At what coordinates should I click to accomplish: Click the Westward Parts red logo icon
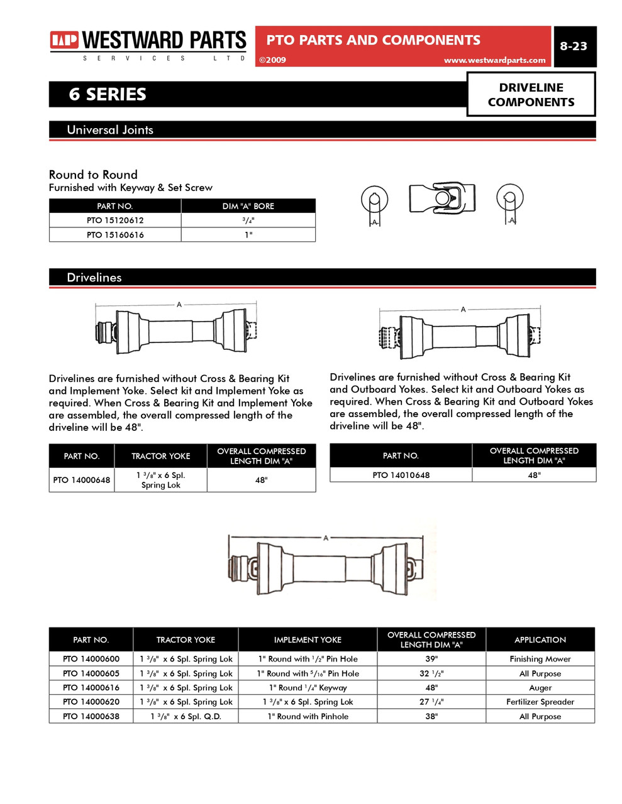64,41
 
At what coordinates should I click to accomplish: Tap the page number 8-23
573,46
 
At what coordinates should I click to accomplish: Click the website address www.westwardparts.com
494,60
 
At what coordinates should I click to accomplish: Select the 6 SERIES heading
108,94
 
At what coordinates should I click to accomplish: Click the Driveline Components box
531,95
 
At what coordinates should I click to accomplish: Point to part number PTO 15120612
115,220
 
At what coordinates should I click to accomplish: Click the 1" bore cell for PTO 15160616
248,235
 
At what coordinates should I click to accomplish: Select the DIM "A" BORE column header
248,206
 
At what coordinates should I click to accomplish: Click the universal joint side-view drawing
442,198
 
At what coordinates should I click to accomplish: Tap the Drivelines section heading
94,278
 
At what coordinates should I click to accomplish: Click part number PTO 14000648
82,480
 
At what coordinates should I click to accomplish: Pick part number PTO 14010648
401,475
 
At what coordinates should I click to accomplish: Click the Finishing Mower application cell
540,659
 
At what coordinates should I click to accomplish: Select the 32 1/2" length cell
431,673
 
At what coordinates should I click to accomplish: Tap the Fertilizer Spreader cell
540,702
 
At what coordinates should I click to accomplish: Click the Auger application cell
540,688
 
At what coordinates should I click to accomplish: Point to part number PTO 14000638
91,716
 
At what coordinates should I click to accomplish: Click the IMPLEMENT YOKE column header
308,639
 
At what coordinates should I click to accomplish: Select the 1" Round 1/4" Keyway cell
308,688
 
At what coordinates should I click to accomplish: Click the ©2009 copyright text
272,60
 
